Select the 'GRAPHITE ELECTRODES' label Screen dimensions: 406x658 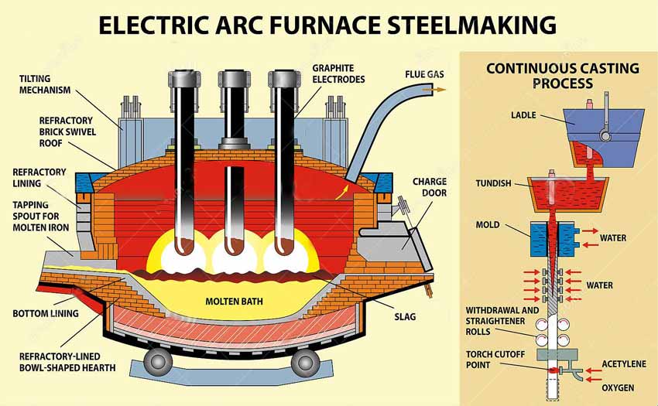click(339, 73)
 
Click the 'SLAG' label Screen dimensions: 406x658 click(404, 316)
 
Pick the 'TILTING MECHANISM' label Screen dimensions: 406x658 click(45, 84)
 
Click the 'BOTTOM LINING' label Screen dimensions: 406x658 click(46, 314)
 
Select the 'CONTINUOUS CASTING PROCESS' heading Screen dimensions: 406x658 click(562, 75)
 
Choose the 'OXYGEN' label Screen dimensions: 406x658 click(618, 387)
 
